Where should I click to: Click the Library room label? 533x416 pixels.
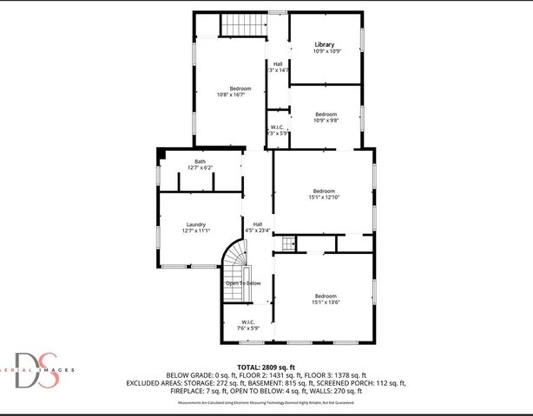(325, 44)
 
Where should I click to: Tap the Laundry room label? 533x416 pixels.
(195, 224)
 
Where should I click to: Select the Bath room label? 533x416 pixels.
(200, 161)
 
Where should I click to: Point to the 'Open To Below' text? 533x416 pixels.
(243, 283)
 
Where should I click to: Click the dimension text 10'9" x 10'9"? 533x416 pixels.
(326, 51)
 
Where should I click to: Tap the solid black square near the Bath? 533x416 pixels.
(161, 153)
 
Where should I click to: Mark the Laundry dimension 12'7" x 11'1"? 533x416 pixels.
(196, 231)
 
